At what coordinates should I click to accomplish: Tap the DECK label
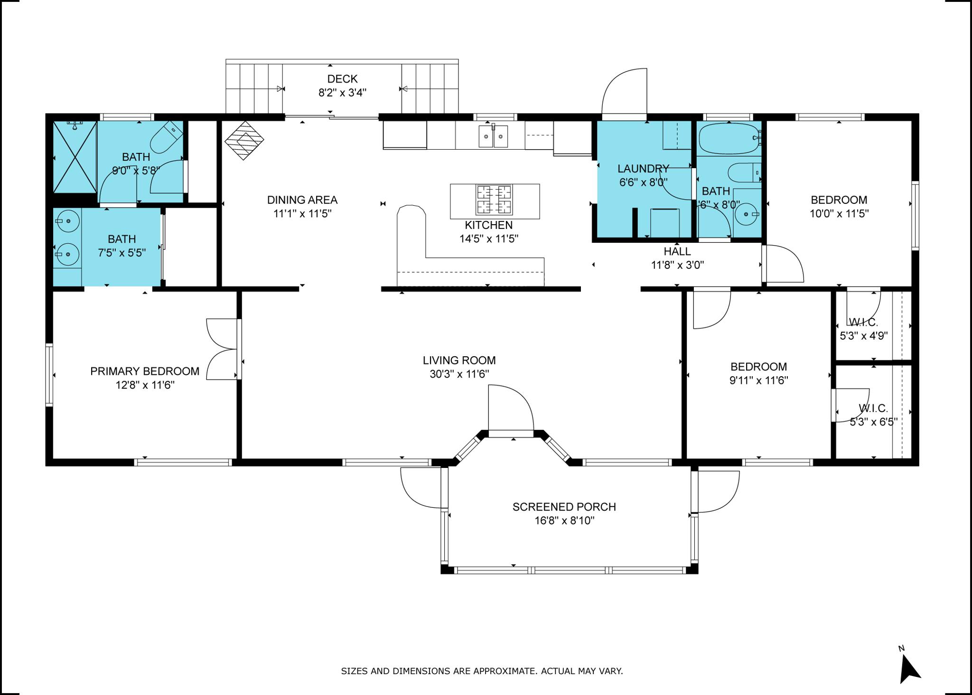pos(342,79)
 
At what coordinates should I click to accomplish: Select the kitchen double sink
pos(493,136)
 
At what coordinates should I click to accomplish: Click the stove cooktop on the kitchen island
pos(495,200)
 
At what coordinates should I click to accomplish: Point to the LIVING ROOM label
pos(459,361)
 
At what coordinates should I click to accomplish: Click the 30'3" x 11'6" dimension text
pos(459,374)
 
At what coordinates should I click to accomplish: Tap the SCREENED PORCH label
pos(564,507)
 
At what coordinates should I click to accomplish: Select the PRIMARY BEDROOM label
pos(145,371)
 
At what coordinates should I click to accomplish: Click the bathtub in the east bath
pos(729,139)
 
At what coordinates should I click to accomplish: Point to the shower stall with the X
pos(75,157)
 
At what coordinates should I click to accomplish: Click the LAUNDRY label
pos(643,168)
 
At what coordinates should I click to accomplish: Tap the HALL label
pos(677,251)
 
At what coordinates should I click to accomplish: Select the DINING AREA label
pos(302,200)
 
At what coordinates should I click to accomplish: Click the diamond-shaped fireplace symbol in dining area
pos(244,140)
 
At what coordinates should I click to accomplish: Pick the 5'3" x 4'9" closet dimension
pos(864,336)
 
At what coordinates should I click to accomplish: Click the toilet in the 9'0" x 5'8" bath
pos(167,137)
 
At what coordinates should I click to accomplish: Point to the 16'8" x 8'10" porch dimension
pos(564,521)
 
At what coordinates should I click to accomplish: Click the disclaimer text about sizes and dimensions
pos(482,671)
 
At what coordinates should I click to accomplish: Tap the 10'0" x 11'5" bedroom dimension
pos(839,214)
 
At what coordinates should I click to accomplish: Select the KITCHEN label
pos(488,225)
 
